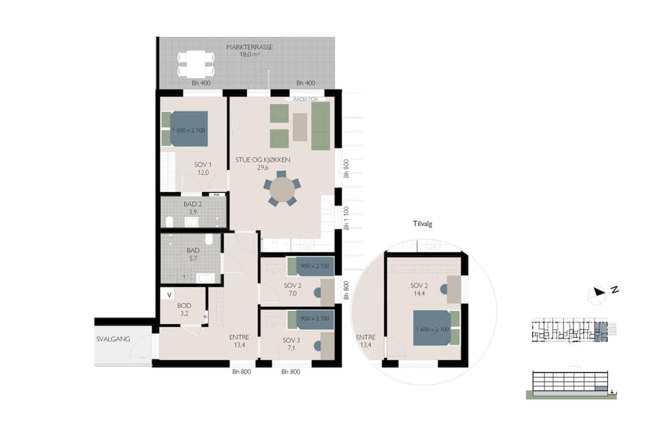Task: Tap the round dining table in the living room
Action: pos(281,190)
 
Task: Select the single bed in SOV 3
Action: pos(311,320)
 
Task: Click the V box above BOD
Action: pos(170,294)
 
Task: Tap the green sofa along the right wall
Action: pos(321,126)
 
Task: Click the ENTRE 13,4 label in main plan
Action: pos(239,341)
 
